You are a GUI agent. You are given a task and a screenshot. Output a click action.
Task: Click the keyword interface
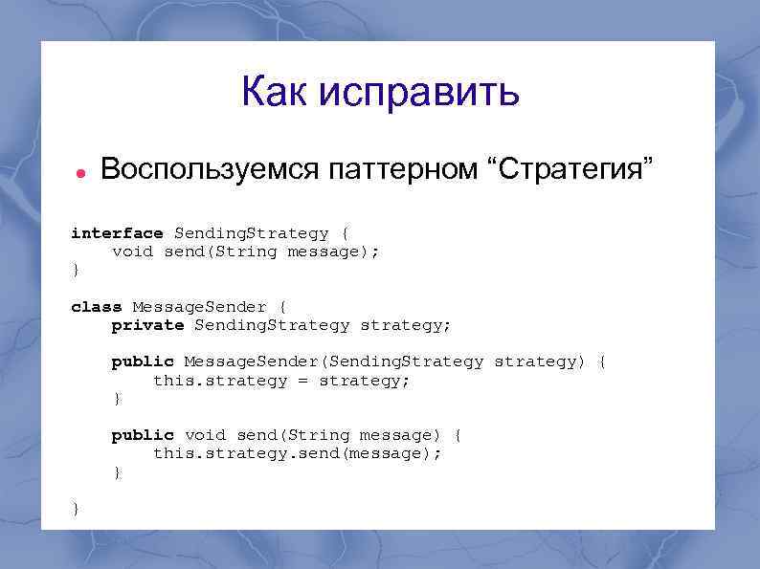click(x=117, y=233)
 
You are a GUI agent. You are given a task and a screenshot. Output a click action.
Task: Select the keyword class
click(x=97, y=307)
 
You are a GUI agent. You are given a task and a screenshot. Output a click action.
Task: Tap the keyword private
click(x=147, y=325)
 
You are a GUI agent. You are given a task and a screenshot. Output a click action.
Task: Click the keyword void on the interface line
click(x=132, y=252)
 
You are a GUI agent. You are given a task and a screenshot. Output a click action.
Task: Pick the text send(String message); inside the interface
click(x=272, y=252)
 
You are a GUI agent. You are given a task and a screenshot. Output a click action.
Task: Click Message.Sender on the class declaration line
click(x=199, y=307)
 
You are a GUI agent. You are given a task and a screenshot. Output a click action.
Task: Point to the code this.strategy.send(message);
click(x=298, y=453)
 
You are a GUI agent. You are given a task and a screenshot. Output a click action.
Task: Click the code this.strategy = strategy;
click(x=281, y=380)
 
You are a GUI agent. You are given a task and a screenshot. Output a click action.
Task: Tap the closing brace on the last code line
click(x=76, y=509)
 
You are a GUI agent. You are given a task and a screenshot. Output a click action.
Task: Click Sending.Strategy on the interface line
click(x=251, y=233)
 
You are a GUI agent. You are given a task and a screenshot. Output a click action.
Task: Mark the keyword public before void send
click(x=143, y=435)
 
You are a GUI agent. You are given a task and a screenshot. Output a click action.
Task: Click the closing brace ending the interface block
click(x=76, y=271)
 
